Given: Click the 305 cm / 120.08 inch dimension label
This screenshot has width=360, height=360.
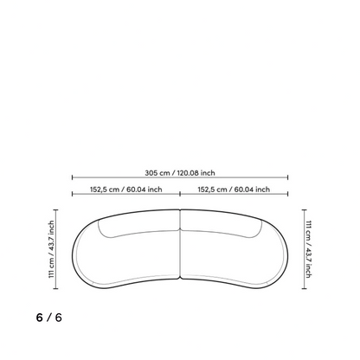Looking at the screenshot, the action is click(180, 173).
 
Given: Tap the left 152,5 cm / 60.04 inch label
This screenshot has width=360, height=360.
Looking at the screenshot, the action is click(126, 190).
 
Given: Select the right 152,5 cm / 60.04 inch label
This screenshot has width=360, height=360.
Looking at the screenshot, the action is click(234, 190).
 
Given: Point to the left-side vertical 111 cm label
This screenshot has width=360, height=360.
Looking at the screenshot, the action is click(51, 249).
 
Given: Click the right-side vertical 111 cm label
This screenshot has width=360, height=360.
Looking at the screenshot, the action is click(309, 249).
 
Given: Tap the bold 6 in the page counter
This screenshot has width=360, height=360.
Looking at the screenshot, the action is click(40, 318).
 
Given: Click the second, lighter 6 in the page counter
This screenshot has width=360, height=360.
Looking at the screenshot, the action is click(59, 318).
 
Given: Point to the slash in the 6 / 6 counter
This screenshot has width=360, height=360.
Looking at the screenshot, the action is click(49, 318).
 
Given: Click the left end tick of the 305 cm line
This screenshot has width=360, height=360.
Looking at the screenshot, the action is click(72, 177).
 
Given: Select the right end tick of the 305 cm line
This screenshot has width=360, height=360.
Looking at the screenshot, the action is click(288, 177).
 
